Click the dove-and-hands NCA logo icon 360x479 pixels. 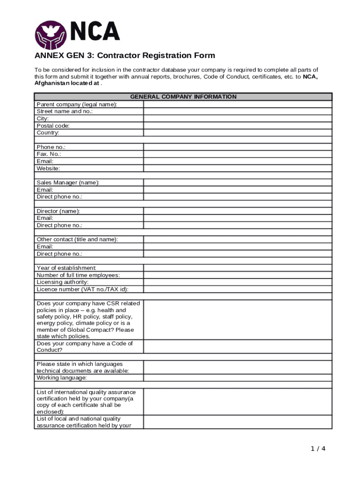coord(50,35)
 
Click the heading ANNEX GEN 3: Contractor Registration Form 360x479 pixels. coord(125,56)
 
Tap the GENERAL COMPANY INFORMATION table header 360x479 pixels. coord(183,97)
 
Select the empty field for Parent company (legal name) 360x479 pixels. coord(238,104)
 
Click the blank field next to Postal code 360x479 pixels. coord(238,126)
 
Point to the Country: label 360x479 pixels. coord(48,133)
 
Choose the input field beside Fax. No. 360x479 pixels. coord(238,154)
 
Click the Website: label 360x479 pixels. coord(48,168)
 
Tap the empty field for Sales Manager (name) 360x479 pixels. coord(238,182)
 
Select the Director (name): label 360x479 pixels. coord(58,211)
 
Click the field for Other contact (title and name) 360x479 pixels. coord(238,239)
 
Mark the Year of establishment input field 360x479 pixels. coord(238,268)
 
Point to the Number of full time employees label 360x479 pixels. coord(78,275)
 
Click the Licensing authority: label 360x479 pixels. coord(62,282)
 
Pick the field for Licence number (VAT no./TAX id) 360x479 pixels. coord(238,289)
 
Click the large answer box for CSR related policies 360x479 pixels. coord(238,320)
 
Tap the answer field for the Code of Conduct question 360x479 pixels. coord(238,347)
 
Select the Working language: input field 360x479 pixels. coord(238,377)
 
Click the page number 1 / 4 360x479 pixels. coord(318,449)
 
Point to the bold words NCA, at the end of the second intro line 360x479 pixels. coord(310,76)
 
